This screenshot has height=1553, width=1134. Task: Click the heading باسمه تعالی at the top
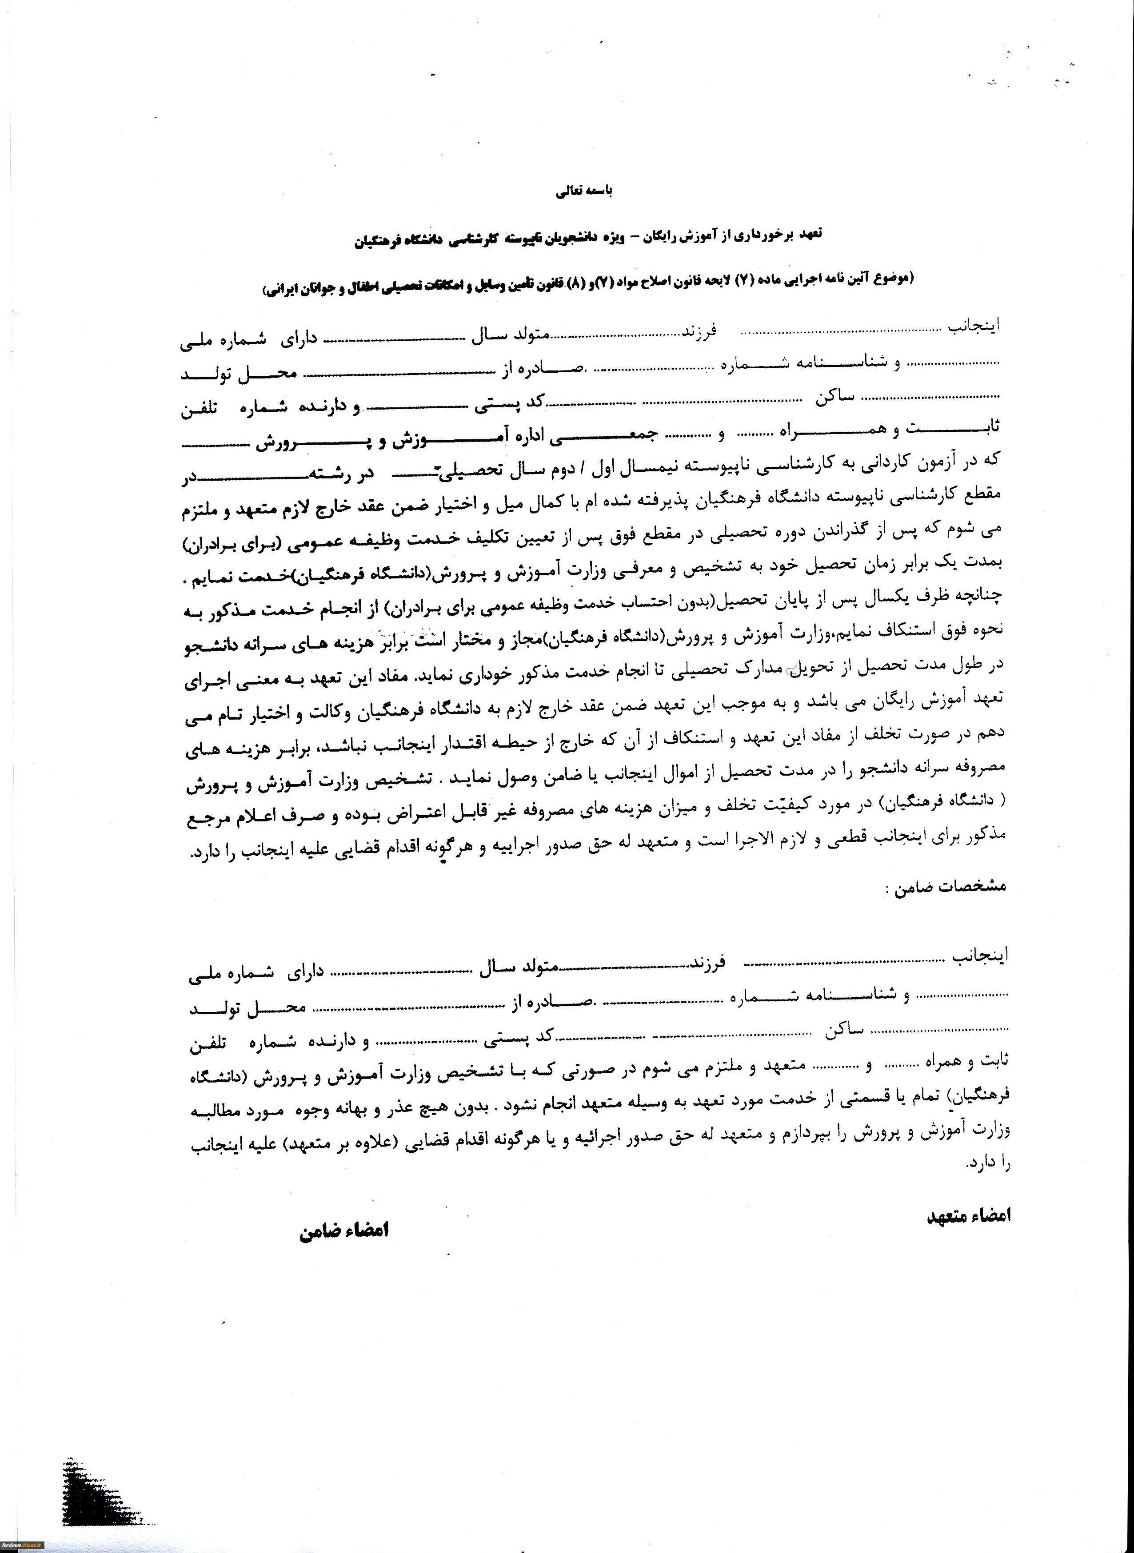(583, 191)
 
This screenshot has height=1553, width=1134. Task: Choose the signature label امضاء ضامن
(344, 1230)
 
